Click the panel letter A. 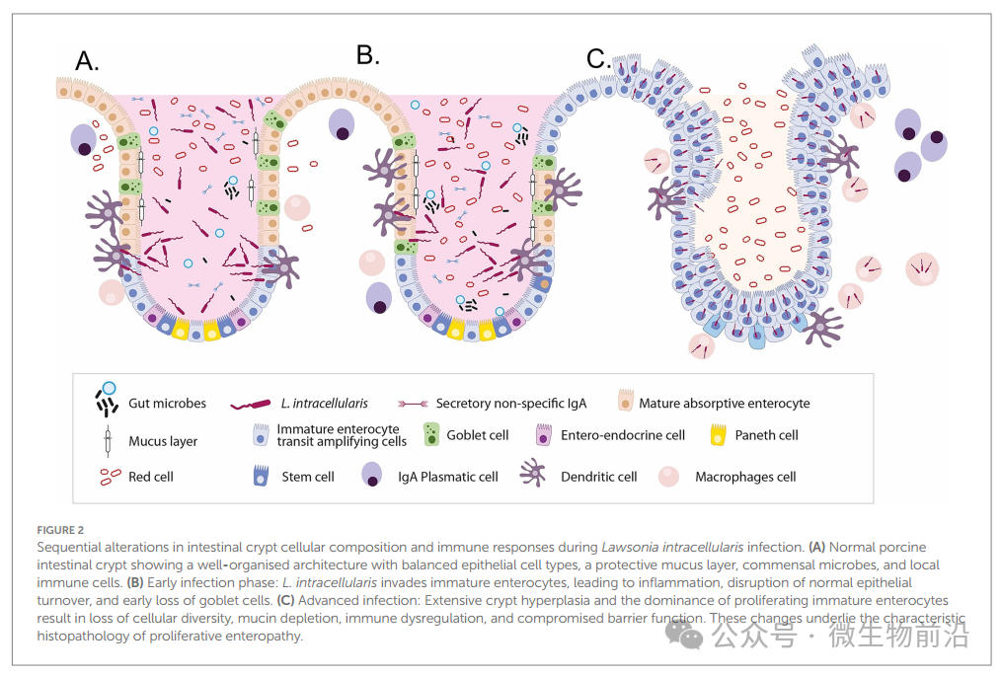87,61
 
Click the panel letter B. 367,55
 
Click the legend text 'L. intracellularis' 324,403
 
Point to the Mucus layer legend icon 106,440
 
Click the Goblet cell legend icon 430,435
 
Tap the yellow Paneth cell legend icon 718,434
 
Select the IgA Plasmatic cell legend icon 372,476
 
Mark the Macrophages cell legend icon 669,476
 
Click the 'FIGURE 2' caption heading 60,530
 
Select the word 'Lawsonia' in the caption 635,547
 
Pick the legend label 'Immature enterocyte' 338,429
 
